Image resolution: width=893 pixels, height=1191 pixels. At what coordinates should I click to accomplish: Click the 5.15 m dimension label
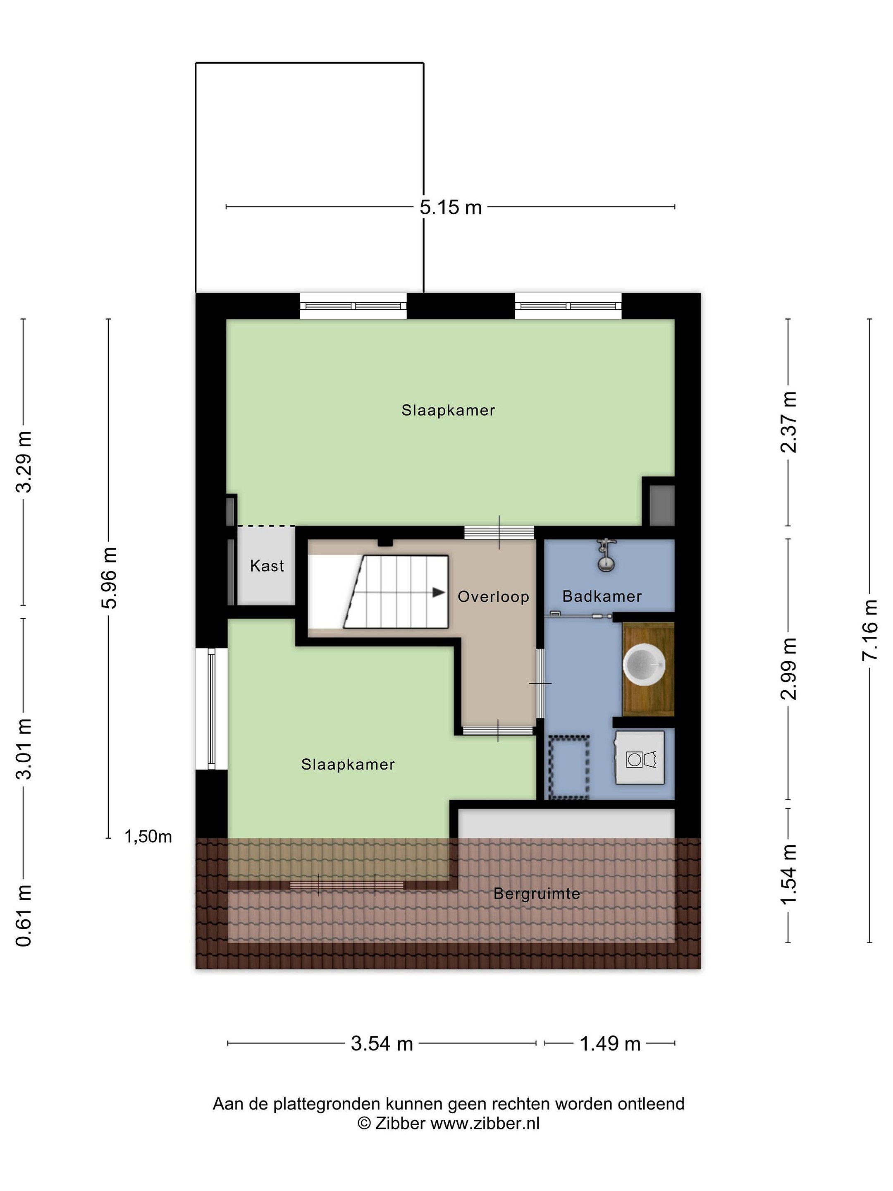point(451,207)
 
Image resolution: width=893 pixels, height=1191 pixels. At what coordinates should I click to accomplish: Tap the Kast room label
point(267,565)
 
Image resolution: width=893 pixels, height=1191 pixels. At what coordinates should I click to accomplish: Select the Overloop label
point(494,597)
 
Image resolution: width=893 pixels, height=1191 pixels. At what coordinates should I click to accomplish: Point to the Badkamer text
point(602,596)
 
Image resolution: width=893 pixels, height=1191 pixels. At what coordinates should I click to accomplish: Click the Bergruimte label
point(537,894)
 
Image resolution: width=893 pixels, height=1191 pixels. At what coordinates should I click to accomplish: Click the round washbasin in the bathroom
point(644,666)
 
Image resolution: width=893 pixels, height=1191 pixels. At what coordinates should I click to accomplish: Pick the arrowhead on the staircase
point(439,592)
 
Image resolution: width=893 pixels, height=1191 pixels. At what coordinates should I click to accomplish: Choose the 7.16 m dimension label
point(869,630)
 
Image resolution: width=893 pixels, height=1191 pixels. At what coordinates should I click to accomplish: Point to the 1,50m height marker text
point(148,836)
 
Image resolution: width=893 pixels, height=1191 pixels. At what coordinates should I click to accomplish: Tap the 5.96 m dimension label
point(109,578)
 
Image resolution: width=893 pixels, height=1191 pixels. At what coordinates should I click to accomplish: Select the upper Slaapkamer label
point(448,410)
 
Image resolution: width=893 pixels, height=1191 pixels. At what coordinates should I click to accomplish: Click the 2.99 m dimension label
point(788,668)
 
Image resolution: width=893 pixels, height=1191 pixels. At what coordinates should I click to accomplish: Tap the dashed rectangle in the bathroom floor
point(568,767)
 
